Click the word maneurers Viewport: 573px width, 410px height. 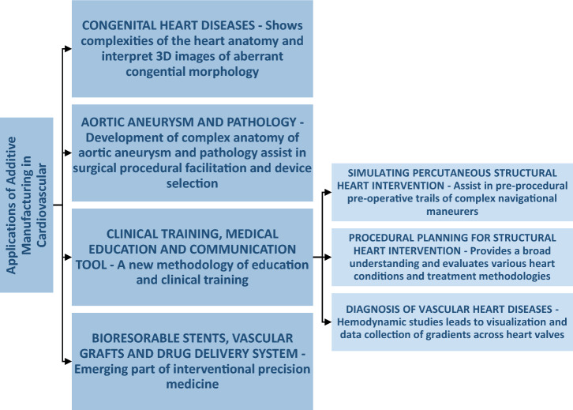tap(452, 212)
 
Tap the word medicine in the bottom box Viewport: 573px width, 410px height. tap(193, 384)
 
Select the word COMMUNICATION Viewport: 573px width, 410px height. tap(242, 249)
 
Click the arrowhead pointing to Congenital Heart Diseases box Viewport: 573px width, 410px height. tap(68, 49)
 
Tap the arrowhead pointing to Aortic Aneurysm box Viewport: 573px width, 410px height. tap(68, 153)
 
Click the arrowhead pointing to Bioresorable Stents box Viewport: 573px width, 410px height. tap(68, 361)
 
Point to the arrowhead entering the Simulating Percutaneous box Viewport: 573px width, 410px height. tap(328, 192)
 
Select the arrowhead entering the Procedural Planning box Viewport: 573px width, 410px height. tap(328, 258)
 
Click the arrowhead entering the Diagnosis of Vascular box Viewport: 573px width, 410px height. tap(328, 322)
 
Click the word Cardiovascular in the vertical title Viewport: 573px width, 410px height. tap(42, 205)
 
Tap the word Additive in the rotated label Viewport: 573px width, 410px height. tap(11, 160)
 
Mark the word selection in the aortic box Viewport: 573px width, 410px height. tap(193, 183)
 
